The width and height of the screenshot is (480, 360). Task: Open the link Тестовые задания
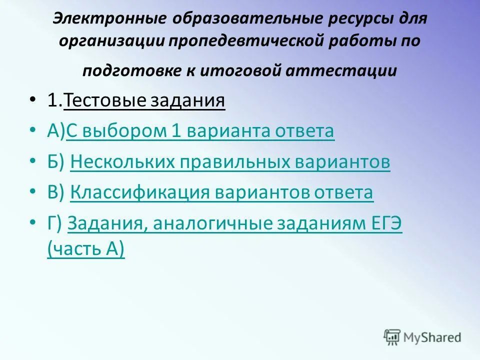click(x=144, y=101)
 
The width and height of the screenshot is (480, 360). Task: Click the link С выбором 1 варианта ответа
click(x=200, y=131)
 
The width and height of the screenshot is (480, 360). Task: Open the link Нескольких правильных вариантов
click(x=230, y=162)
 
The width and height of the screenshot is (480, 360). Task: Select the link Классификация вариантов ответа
click(x=221, y=192)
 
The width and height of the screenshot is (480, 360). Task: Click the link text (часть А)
click(x=86, y=248)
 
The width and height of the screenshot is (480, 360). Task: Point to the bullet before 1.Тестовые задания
click(x=33, y=101)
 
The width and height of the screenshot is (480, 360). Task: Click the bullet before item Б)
click(x=33, y=162)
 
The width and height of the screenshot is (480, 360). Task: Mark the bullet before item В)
click(x=33, y=192)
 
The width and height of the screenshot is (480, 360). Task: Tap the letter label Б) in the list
click(x=56, y=162)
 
